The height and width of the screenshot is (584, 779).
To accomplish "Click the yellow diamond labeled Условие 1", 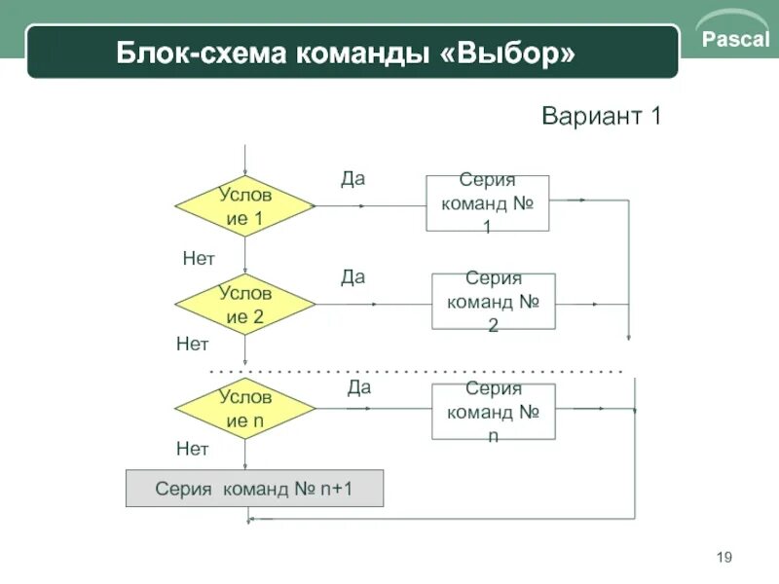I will pyautogui.click(x=245, y=206).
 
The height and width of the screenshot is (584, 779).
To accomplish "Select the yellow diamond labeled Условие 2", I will pyautogui.click(x=245, y=305).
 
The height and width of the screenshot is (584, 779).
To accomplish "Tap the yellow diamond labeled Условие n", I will pyautogui.click(x=245, y=409).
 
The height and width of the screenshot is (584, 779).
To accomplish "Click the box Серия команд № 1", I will pyautogui.click(x=487, y=203).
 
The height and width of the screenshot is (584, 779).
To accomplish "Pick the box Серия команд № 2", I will pyautogui.click(x=493, y=301).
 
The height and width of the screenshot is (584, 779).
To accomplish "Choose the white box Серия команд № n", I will pyautogui.click(x=493, y=411).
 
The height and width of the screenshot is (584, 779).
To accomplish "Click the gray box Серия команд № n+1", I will pyautogui.click(x=254, y=489).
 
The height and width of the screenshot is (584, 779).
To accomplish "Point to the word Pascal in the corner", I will pyautogui.click(x=736, y=41).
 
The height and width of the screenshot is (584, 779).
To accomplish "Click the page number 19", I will pyautogui.click(x=723, y=557).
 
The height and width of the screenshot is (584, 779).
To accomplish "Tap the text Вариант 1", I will pyautogui.click(x=601, y=118).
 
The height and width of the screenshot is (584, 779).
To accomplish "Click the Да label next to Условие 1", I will pyautogui.click(x=352, y=178).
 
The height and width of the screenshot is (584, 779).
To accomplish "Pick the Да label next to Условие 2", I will pyautogui.click(x=352, y=276).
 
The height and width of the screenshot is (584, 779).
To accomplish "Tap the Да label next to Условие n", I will pyautogui.click(x=359, y=387).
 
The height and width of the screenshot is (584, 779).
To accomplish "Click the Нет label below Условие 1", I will pyautogui.click(x=198, y=258).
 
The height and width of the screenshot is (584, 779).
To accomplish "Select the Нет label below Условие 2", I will pyautogui.click(x=192, y=344).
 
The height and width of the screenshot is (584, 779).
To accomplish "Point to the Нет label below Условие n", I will pyautogui.click(x=192, y=449).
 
